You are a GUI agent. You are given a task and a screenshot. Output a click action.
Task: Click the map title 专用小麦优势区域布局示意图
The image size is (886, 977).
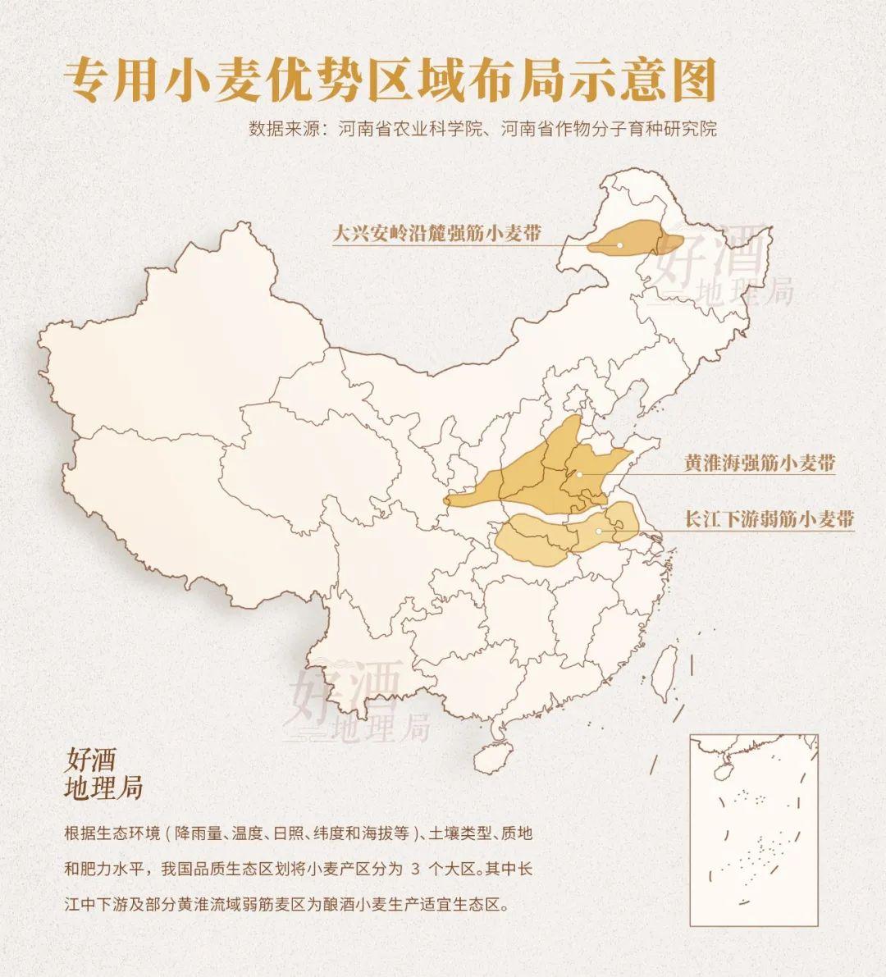point(390,80)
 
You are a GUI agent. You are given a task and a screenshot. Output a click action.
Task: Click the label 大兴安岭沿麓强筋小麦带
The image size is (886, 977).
point(436,233)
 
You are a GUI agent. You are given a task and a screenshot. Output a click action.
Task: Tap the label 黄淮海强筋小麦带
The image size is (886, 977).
point(760,463)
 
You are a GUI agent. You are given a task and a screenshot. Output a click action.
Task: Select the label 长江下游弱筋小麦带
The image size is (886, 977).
point(770,518)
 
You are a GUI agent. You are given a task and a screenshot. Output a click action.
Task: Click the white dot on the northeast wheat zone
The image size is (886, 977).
point(620,244)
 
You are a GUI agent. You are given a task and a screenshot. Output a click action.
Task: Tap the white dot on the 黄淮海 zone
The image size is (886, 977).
point(579,473)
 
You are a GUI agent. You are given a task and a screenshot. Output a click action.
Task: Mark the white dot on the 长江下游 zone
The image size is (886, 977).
point(599,531)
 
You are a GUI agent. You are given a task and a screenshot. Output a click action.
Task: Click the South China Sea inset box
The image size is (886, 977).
point(754,829)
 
